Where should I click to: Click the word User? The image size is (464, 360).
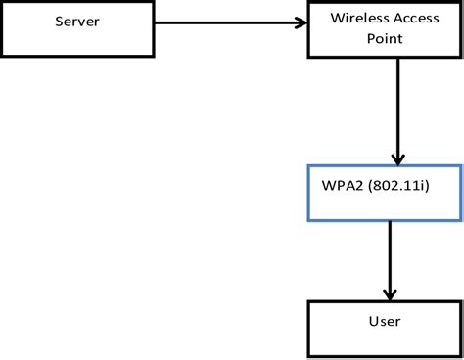pyautogui.click(x=385, y=320)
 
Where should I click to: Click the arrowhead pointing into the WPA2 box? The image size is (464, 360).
pyautogui.click(x=397, y=159)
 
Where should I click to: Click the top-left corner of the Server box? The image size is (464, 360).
pyautogui.click(x=3, y=3)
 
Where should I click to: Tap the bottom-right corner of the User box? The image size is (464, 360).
pyautogui.click(x=459, y=356)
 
